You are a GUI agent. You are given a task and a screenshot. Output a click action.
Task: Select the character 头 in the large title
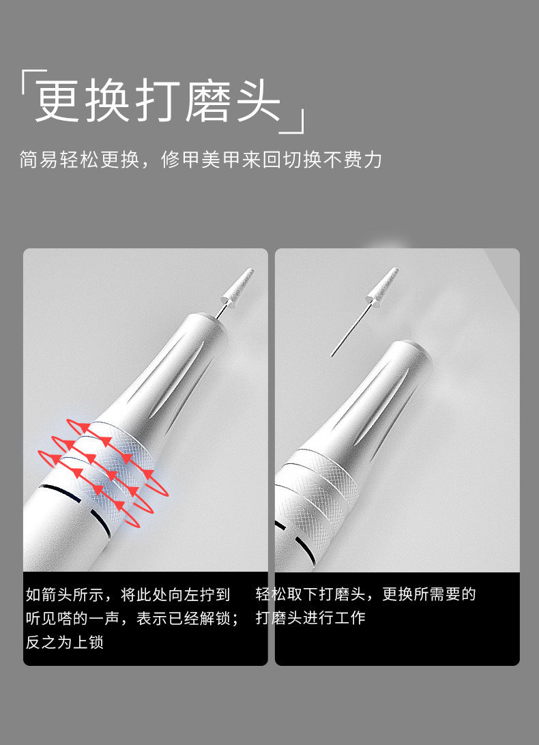[259, 102]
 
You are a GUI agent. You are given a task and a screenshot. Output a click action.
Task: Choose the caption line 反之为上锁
[65, 642]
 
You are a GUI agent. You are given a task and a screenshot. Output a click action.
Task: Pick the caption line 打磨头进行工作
[311, 618]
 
